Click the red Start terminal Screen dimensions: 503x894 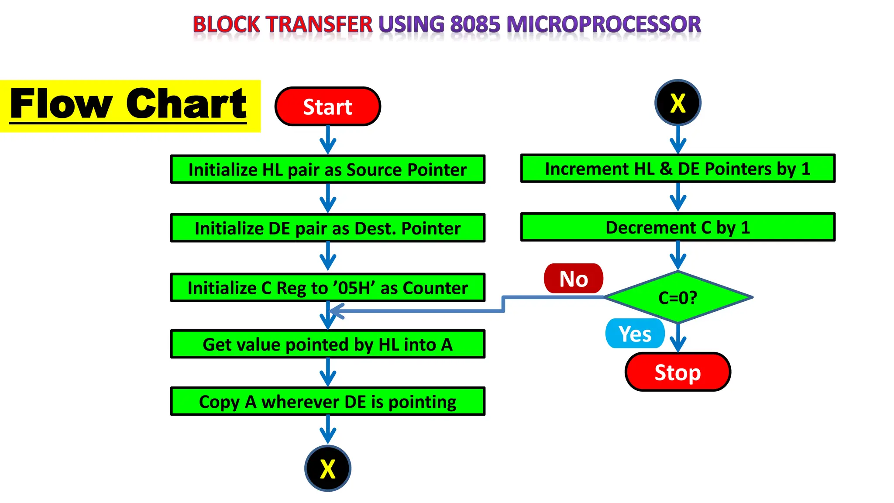coord(327,107)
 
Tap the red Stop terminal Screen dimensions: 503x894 coord(677,372)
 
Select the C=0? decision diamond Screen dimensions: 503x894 coord(677,297)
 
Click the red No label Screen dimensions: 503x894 coord(573,279)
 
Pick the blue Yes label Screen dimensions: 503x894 coord(635,334)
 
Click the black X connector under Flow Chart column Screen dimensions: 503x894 coord(327,468)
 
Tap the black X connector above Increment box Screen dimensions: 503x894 coord(677,103)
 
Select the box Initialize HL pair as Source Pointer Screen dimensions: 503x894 coord(327,169)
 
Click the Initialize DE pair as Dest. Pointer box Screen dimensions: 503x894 coord(327,228)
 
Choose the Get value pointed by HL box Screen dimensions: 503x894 coord(327,345)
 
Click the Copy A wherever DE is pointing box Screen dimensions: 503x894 coord(327,401)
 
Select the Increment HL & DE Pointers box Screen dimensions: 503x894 coord(677,169)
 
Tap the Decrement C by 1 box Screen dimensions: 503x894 coord(677,227)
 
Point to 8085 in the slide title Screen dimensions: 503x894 coord(475,24)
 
